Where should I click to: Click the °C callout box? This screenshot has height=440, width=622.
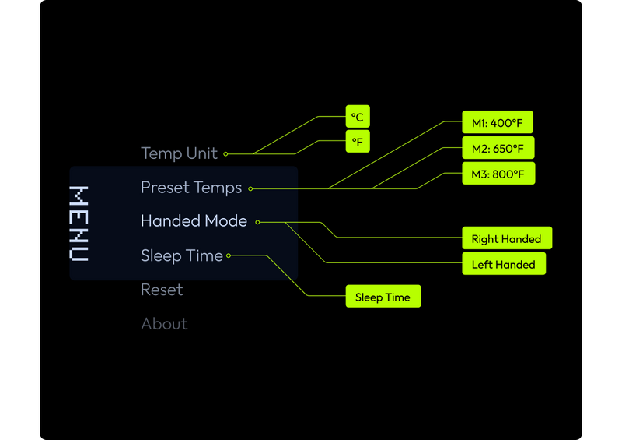(358, 117)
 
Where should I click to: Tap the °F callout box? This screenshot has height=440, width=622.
(358, 142)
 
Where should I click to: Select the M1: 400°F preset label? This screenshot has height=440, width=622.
(498, 122)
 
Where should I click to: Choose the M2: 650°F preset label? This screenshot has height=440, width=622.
(498, 148)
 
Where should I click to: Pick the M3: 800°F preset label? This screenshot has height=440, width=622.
(498, 174)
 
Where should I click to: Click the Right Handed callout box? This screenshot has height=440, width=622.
(507, 238)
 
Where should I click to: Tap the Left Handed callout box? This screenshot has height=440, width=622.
(504, 264)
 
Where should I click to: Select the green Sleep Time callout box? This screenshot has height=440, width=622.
(383, 297)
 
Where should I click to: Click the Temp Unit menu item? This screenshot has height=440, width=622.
(180, 153)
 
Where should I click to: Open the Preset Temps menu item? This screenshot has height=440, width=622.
(191, 188)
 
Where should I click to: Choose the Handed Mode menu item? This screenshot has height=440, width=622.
(194, 221)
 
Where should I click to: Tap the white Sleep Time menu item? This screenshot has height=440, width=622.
(182, 255)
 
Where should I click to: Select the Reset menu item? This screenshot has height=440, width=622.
(162, 290)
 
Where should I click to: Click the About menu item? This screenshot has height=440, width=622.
(164, 324)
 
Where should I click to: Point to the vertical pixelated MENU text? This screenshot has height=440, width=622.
(79, 224)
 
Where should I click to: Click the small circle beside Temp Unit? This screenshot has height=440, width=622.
(225, 154)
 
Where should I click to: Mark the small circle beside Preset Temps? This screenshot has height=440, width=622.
(250, 188)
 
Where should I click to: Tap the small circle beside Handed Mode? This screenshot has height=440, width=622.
(258, 222)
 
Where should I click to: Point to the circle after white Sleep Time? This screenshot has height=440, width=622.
(229, 255)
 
